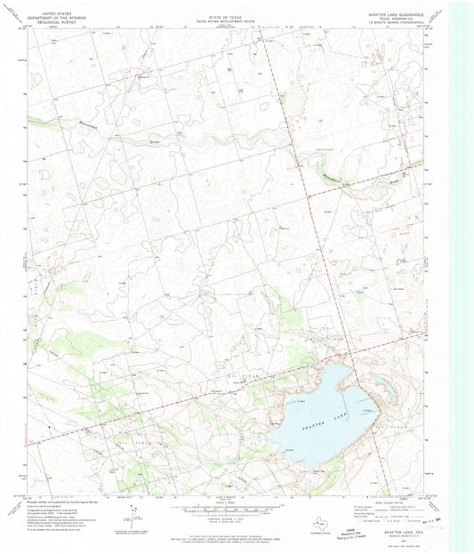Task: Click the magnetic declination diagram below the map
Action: [133, 516]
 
